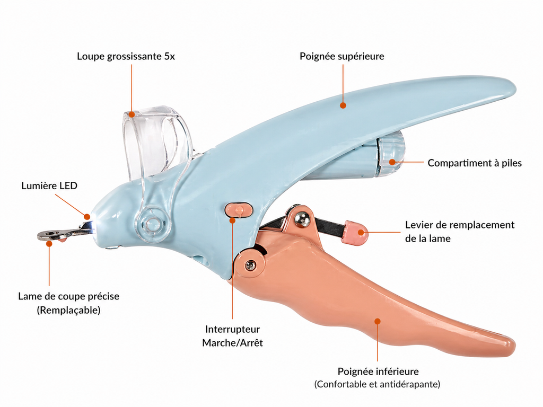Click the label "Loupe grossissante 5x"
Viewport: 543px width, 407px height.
pyautogui.click(x=126, y=56)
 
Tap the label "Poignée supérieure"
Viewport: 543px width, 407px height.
pyautogui.click(x=342, y=56)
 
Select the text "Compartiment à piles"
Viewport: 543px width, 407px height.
pyautogui.click(x=475, y=163)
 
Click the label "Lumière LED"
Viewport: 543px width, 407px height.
pyautogui.click(x=49, y=185)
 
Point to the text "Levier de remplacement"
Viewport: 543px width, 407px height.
pyautogui.click(x=460, y=225)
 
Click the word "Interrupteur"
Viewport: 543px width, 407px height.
pyautogui.click(x=232, y=329)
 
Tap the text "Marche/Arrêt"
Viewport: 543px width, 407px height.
pyautogui.click(x=232, y=343)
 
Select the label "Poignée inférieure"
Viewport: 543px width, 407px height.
pyautogui.click(x=378, y=371)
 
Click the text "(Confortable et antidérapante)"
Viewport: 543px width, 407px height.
pyautogui.click(x=377, y=384)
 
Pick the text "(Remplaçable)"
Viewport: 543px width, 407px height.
pyautogui.click(x=68, y=309)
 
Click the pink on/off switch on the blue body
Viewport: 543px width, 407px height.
pyautogui.click(x=239, y=210)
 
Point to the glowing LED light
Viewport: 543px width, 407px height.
pyautogui.click(x=91, y=223)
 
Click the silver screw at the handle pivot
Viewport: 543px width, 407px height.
pyautogui.click(x=250, y=266)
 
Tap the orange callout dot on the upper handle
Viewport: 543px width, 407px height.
pyautogui.click(x=343, y=105)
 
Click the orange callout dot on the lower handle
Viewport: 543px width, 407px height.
pyautogui.click(x=378, y=321)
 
